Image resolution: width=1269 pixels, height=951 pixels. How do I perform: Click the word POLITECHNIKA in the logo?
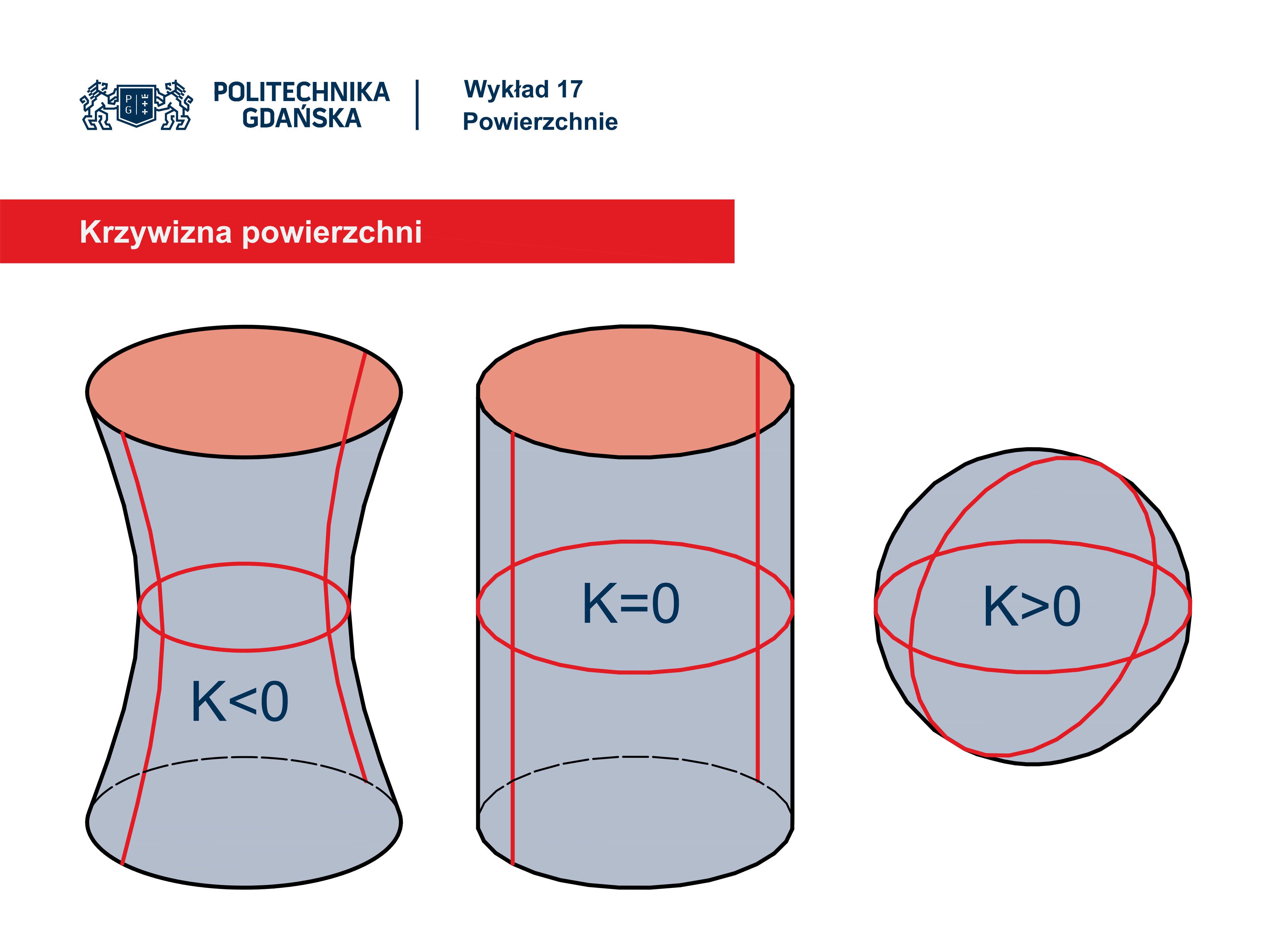click(x=301, y=92)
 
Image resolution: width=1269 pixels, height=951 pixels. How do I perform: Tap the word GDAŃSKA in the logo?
click(x=302, y=118)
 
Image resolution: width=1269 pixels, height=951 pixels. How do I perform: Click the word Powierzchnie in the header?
click(x=540, y=122)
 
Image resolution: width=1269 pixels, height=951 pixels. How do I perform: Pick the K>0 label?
click(x=1031, y=607)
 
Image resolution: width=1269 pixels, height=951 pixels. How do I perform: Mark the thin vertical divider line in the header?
click(x=417, y=105)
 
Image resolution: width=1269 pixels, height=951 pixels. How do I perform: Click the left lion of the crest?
click(x=97, y=105)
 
